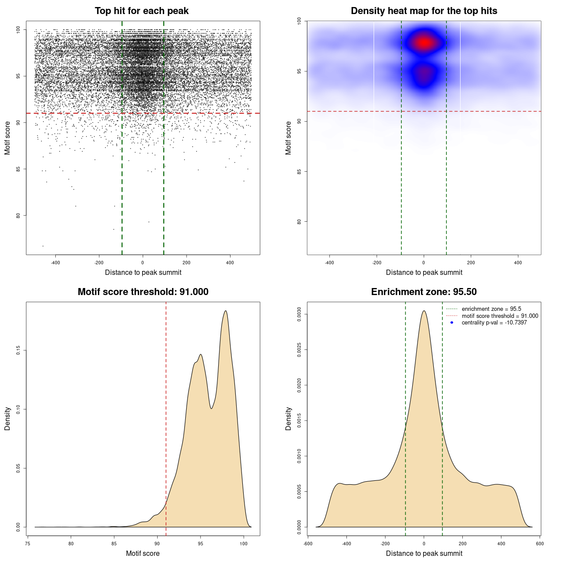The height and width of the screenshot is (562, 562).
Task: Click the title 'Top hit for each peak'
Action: point(141,11)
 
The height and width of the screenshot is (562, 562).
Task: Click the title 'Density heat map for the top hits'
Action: point(424,11)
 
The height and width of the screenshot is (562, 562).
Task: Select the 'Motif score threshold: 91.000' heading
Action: point(143,292)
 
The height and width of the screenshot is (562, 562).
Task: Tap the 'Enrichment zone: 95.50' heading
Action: point(424,292)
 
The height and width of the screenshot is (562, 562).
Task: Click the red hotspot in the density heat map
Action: point(424,43)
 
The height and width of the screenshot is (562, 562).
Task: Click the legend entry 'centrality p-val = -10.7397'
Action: point(494,323)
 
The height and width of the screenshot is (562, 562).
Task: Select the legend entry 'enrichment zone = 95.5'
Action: point(491,309)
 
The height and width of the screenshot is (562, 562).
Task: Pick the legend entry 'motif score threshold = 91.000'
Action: point(500,316)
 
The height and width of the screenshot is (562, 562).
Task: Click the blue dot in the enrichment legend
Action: point(452,323)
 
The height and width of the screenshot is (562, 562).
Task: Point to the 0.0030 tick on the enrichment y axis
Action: point(299,314)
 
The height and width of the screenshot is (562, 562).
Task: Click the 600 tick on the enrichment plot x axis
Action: point(540,544)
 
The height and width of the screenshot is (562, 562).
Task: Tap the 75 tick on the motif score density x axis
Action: point(28,544)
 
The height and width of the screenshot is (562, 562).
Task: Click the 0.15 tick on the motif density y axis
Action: point(18,350)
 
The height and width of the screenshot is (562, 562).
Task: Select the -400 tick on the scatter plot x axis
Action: point(55,263)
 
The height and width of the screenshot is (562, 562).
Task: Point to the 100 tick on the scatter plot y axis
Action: point(18,30)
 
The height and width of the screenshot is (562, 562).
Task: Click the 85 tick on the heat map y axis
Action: point(299,171)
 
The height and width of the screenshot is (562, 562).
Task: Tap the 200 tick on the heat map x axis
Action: point(471,263)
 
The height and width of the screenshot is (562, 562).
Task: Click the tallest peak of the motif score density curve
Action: point(226,311)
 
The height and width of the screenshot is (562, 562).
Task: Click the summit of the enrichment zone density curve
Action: point(424,311)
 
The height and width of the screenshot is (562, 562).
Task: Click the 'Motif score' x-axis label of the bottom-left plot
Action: point(143,553)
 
